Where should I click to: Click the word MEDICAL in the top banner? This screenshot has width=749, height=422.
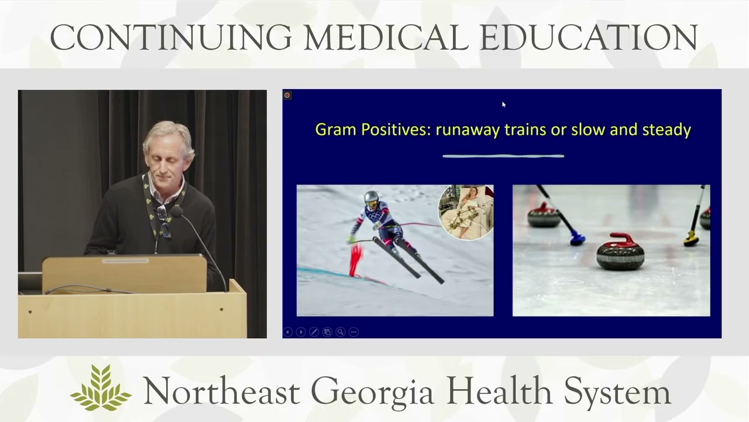click(x=386, y=38)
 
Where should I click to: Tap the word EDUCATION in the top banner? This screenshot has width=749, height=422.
click(x=589, y=38)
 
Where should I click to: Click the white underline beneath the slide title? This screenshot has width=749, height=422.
click(x=503, y=156)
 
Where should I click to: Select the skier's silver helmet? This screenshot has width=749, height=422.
click(x=372, y=198)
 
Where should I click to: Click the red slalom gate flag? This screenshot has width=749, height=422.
click(x=355, y=260)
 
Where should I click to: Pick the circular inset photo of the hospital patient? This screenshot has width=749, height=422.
click(x=466, y=212)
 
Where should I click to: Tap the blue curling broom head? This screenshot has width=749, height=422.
click(x=578, y=238)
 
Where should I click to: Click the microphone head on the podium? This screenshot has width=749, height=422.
click(x=177, y=212)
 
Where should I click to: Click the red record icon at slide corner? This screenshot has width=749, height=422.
click(x=287, y=95)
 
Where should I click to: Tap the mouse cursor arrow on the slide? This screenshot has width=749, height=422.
click(x=503, y=104)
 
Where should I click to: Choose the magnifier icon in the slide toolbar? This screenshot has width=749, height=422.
click(x=340, y=332)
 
